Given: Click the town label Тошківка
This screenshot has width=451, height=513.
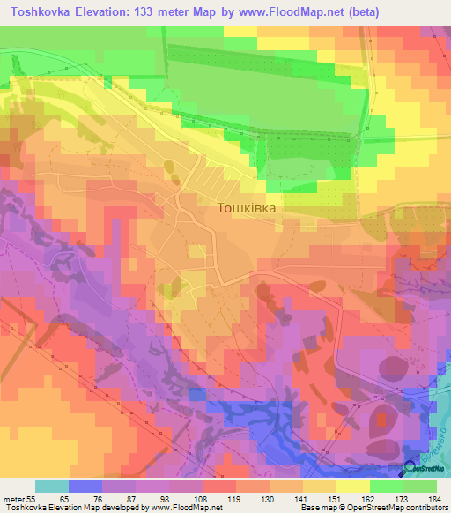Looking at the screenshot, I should (x=246, y=209).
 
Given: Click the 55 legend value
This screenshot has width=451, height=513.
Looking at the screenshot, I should (x=32, y=498).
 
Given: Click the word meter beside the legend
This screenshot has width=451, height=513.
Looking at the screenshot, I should (x=13, y=498).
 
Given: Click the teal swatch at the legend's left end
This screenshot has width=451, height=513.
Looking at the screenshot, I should (x=52, y=486).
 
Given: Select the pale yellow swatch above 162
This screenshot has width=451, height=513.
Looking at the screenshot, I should (x=352, y=486).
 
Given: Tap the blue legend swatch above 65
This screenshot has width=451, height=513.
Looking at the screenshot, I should (x=85, y=486).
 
